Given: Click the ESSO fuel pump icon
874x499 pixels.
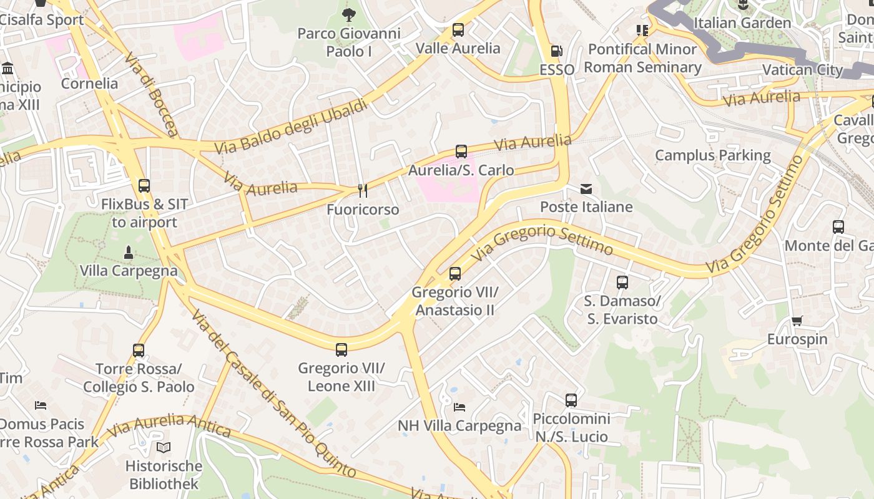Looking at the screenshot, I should coord(556,51).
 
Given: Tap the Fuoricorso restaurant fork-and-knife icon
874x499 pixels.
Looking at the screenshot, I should coord(362,190).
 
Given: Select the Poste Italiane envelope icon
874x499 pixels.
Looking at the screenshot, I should coord(586,188).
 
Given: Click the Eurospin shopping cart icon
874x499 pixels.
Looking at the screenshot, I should coord(797,321).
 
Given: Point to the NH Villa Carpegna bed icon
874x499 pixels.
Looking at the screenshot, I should coord(459,407).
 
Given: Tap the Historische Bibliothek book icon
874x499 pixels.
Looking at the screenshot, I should coord(164,447).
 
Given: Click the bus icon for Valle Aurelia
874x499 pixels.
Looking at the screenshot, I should coord(458,29).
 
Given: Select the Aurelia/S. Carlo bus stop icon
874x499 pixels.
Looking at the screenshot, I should coord(461,151).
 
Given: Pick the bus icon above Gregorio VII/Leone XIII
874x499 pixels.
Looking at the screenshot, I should coord(341,349).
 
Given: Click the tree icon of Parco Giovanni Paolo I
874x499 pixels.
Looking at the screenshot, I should coord(349,14).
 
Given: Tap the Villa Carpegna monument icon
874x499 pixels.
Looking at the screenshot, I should coord(129,252).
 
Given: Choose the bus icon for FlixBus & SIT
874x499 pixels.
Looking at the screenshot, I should coord(144,185).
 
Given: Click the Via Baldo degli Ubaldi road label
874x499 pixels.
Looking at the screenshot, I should coord(292,127).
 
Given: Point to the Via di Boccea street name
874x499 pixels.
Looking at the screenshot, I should coord(152,94).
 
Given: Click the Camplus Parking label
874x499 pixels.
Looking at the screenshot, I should coord(712,155).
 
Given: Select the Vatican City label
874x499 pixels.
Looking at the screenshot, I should coord(803,69).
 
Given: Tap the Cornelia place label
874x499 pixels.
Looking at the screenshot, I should coord(89,83).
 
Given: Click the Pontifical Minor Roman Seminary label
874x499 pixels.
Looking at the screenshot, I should coord(642,58).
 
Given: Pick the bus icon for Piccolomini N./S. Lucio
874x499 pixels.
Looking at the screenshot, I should coord(571,400).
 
